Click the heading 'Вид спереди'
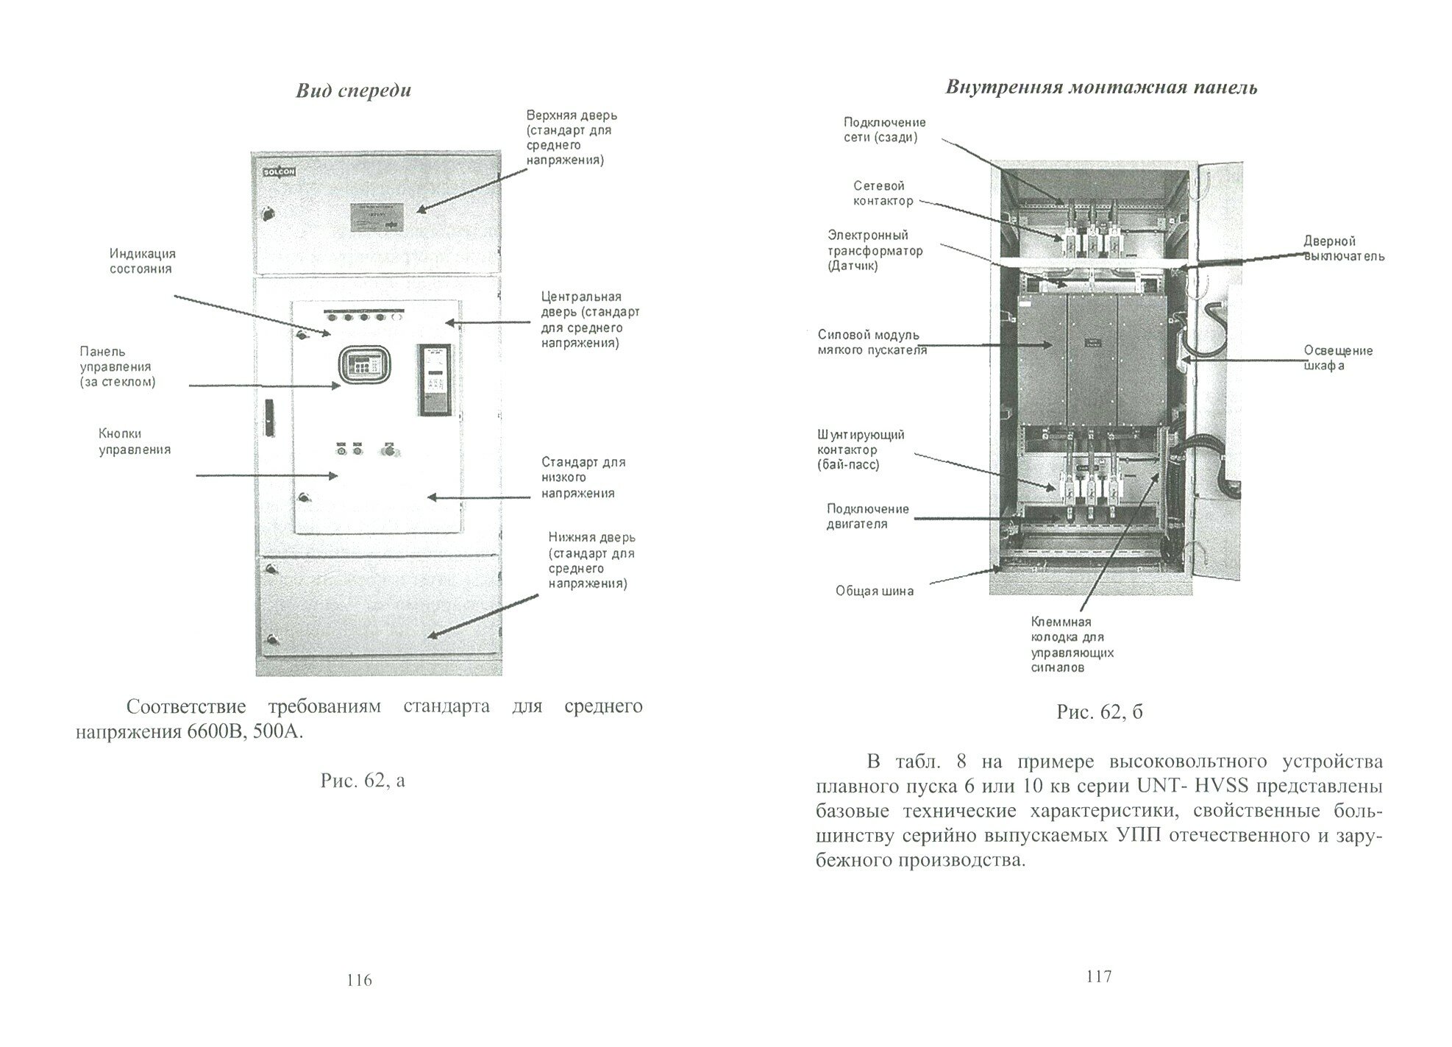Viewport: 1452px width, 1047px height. (353, 91)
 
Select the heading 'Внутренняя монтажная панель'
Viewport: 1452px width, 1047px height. (1101, 88)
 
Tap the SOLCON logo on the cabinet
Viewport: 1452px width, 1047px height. (279, 172)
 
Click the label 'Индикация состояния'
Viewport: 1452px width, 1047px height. (143, 261)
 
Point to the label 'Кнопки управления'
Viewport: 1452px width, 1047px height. (135, 441)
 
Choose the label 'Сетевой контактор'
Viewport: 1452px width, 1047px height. (883, 194)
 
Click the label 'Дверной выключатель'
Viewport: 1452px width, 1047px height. (1344, 249)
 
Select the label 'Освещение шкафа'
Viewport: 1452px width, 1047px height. (1338, 358)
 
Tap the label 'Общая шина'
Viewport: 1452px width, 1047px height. (875, 591)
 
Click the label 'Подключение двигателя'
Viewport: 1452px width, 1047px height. (867, 517)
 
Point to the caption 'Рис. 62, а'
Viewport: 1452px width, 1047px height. (363, 780)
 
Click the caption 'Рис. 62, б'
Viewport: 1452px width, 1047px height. (1100, 711)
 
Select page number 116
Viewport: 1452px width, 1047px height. (359, 980)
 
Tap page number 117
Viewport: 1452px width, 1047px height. (1098, 976)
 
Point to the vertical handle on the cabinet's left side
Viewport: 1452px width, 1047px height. (268, 416)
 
